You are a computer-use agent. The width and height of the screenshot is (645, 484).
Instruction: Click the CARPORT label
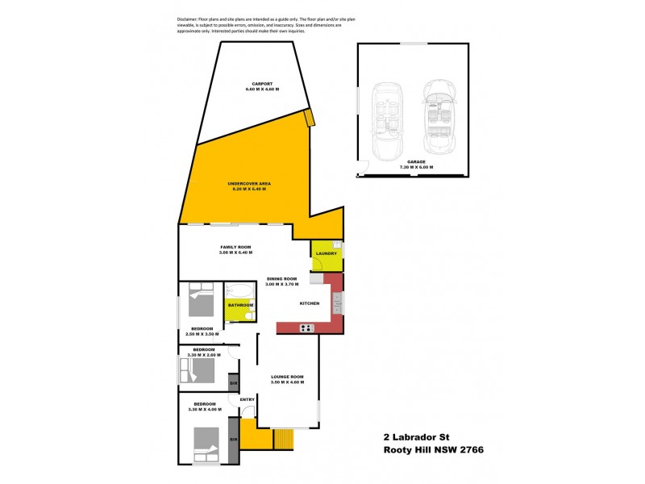262,83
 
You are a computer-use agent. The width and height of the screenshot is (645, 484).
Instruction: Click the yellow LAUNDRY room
327,254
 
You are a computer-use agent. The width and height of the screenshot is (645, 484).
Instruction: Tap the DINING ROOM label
282,279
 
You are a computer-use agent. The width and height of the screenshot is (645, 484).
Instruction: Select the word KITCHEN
310,303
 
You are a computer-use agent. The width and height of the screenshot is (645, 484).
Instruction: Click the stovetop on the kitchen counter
307,328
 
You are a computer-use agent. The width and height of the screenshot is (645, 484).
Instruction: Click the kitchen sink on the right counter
338,304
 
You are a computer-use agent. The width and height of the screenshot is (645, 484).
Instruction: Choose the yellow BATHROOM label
240,306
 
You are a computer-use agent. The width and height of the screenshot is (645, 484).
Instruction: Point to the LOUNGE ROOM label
286,377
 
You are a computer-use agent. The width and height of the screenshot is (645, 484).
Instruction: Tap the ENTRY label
247,399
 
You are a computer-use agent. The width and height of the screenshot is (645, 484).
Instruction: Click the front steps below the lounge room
284,440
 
